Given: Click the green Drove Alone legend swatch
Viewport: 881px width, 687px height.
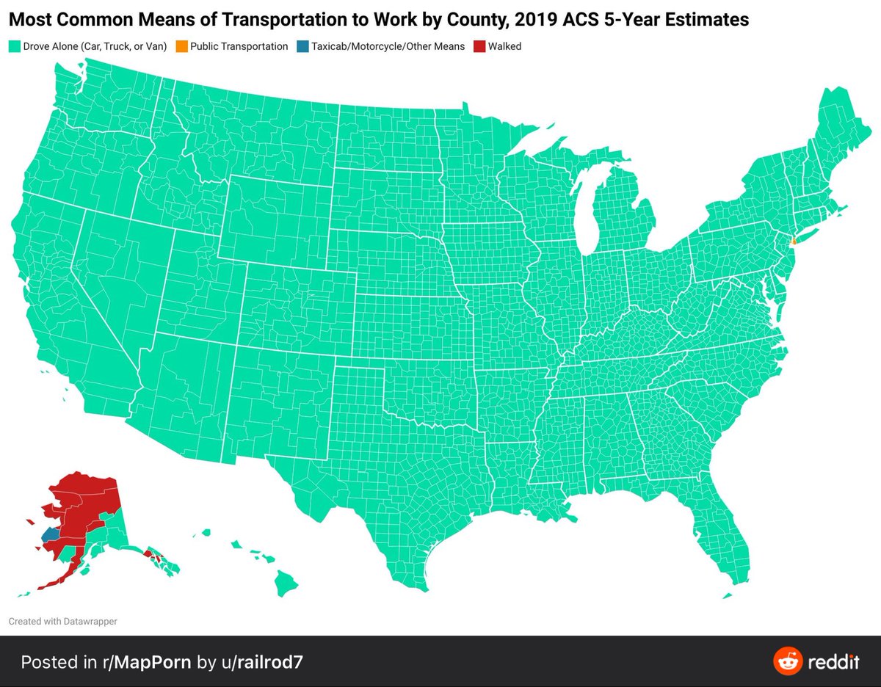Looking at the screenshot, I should coord(14,46).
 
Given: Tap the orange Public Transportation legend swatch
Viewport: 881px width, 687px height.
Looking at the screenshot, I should coord(181,46).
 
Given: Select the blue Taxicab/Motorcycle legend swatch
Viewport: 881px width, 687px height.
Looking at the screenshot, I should coord(302,46).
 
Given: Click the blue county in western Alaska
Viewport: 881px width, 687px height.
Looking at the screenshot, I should coord(51,534).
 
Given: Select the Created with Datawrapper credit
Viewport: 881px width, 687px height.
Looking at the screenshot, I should coord(62,621).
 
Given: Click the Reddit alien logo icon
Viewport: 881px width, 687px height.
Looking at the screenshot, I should coord(787,661).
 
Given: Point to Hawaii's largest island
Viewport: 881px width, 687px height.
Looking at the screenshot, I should coord(286,584).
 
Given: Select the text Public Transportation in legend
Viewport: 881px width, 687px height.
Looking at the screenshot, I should coord(239,46).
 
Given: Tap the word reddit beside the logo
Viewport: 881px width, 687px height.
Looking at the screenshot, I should coord(833,661).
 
